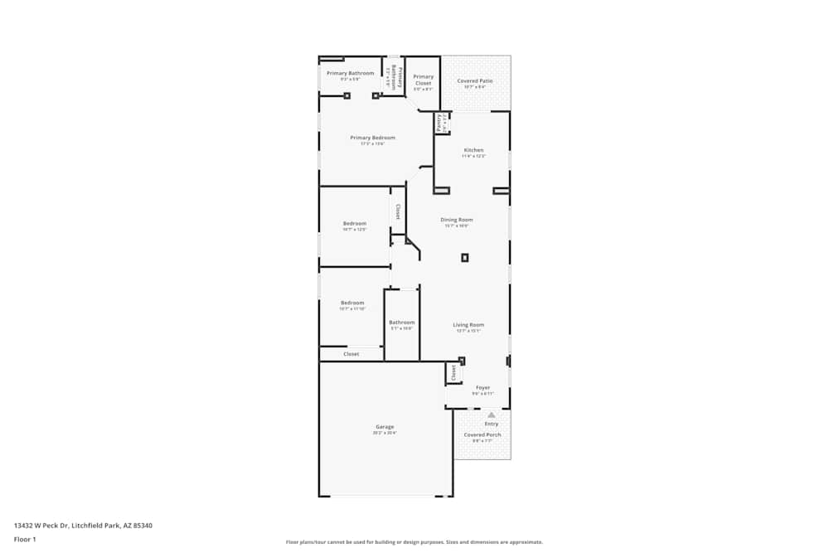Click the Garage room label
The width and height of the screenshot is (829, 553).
coord(384,427)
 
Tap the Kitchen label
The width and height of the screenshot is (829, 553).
coord(473,150)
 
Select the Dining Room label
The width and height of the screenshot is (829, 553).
coord(457,220)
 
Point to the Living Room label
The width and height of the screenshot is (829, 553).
coord(468,325)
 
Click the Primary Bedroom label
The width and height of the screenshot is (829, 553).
coord(372,138)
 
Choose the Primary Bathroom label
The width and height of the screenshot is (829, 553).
coord(350,73)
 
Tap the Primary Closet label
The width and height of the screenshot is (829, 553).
coord(424,80)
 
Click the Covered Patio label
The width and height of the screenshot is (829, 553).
coord(475,81)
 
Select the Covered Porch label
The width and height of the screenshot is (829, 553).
coord(482,434)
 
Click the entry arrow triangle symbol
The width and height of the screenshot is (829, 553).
coord(491,415)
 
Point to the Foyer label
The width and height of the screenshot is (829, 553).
coord(482,387)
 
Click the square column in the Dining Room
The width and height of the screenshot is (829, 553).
coord(465,258)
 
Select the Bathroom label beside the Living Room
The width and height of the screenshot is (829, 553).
coord(402,323)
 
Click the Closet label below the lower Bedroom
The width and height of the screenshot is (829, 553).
coord(351,354)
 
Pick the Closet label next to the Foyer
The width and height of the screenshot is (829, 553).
coord(453,374)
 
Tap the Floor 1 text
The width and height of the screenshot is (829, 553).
coord(25,539)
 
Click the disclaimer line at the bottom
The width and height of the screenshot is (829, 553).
coord(414,542)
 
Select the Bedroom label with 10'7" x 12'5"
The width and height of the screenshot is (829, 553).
coord(355,223)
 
